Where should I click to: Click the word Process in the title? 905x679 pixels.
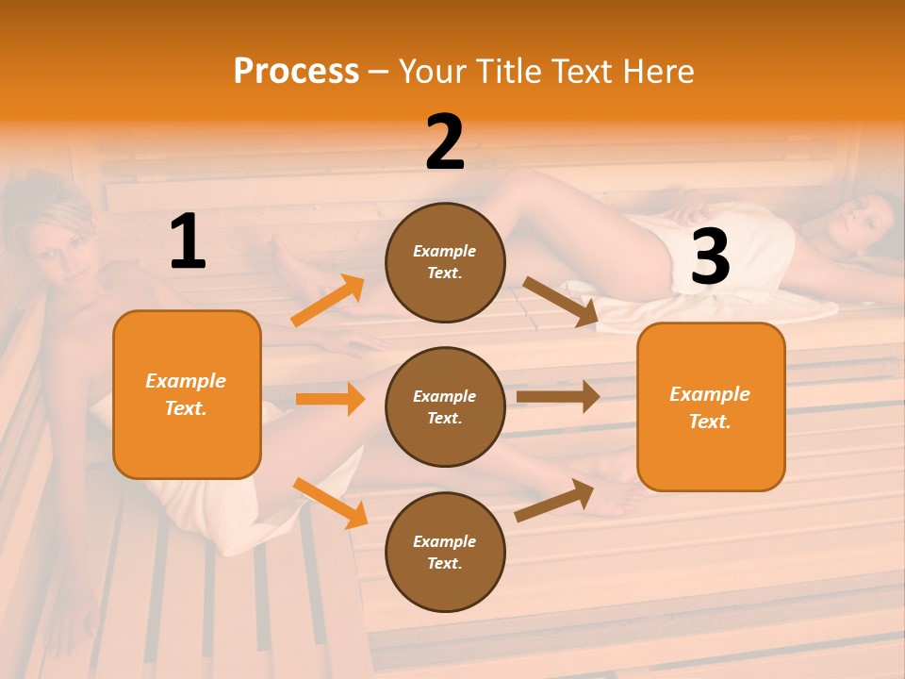pos(296,72)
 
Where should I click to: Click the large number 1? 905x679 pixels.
pos(188,242)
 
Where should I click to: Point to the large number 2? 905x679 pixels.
pos(445,142)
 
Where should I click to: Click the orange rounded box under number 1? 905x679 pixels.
pos(187,394)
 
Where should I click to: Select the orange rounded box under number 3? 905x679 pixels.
pos(711,406)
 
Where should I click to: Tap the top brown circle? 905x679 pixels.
pos(445,262)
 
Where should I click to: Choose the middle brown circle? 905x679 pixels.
pos(445,406)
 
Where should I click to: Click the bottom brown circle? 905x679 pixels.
pos(445,552)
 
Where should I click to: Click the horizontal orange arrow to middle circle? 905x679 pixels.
pos(330,399)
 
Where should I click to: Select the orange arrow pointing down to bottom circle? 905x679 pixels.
pos(330,503)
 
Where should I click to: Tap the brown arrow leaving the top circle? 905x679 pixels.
pos(561,302)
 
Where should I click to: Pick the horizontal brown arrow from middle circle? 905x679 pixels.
pos(558,397)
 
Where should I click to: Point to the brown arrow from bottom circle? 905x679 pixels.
pos(554,500)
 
